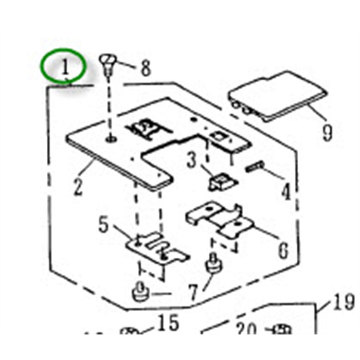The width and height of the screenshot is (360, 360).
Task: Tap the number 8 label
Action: [x=146, y=68]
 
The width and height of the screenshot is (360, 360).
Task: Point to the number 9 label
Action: [x=327, y=132]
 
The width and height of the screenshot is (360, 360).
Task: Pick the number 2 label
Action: [x=78, y=186]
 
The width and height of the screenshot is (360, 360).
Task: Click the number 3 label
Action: [x=192, y=161]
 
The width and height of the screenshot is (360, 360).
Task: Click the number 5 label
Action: [x=104, y=225]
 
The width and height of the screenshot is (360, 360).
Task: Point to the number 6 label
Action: [x=283, y=250]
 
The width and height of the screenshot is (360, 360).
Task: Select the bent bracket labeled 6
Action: [x=221, y=220]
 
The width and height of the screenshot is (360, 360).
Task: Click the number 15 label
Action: [x=168, y=324]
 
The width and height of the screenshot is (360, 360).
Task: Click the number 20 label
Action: [x=247, y=329]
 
